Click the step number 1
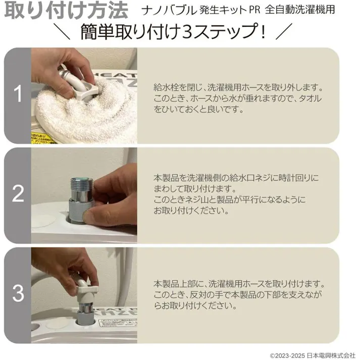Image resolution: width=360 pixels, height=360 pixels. pos(18,95)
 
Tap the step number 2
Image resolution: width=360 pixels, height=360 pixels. pos(18,194)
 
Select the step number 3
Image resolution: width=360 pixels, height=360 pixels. pos(18,293)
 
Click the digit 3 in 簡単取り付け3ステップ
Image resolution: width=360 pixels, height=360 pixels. pos(191,33)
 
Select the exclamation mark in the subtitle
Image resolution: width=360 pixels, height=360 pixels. pos(263,33)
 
